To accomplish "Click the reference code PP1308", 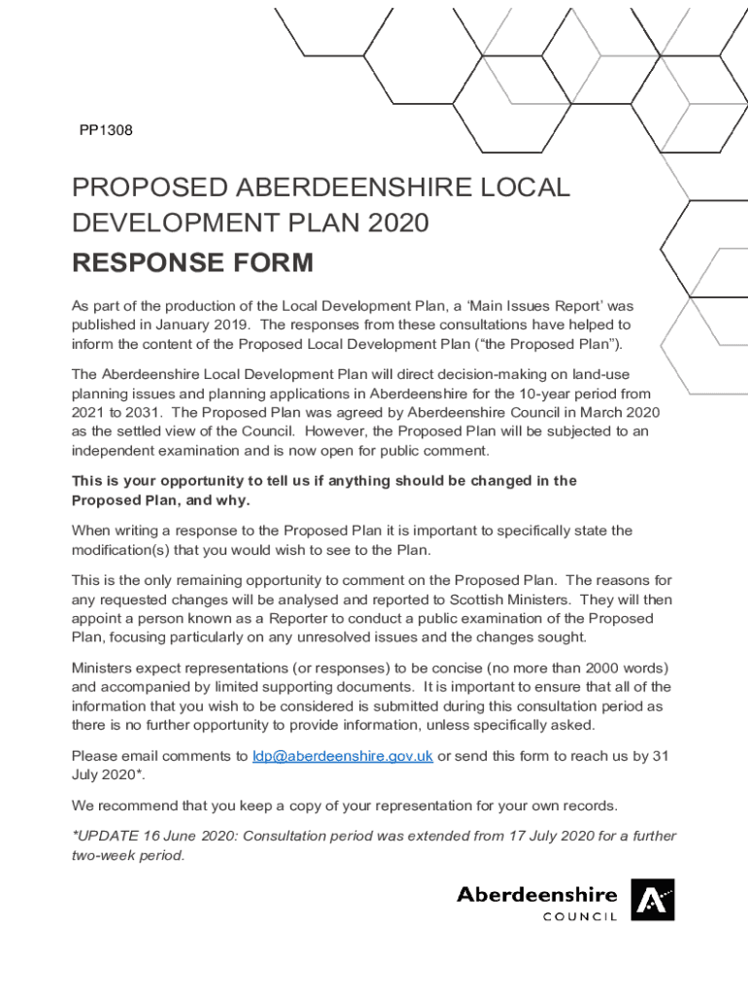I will (x=106, y=129).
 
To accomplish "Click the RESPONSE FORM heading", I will (x=192, y=262).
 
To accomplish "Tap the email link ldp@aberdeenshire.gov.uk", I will (x=342, y=756).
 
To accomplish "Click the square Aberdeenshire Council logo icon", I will (x=652, y=900).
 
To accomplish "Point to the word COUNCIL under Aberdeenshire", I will (x=580, y=916).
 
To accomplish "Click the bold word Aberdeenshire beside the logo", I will (x=536, y=893).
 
